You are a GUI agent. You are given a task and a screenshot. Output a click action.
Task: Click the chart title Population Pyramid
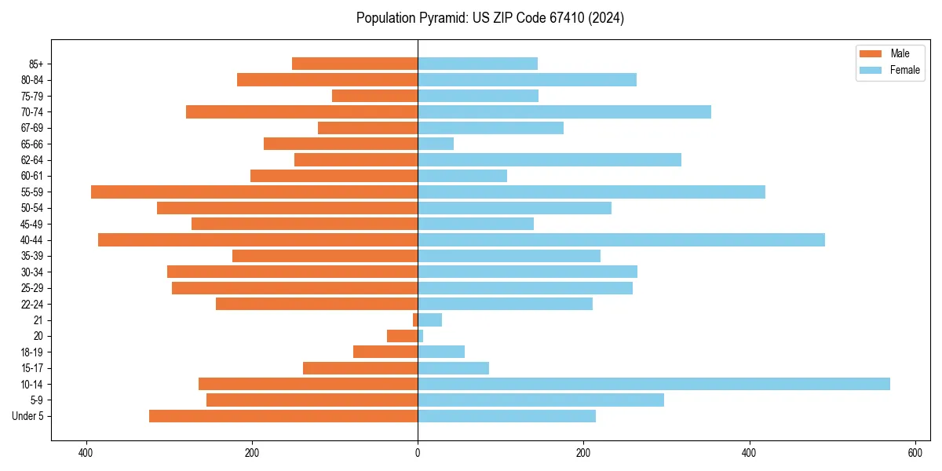point(490,18)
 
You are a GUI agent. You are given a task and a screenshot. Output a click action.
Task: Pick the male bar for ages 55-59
point(254,192)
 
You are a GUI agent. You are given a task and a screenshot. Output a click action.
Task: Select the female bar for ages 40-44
point(621,239)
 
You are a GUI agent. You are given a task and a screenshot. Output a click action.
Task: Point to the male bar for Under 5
point(283,416)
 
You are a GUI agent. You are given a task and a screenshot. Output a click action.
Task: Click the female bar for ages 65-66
point(436,144)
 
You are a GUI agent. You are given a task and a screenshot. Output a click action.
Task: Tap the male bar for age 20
point(403,336)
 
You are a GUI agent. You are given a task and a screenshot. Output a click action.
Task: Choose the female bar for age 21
point(429,319)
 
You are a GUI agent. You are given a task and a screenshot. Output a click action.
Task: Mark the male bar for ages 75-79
point(375,96)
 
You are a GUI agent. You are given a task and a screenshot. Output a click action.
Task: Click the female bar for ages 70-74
point(564,111)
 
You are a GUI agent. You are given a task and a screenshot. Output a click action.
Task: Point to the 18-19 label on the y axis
point(31,352)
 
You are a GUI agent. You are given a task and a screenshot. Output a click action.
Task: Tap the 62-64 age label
point(31,159)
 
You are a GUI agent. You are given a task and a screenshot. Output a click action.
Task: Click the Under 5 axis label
point(27,416)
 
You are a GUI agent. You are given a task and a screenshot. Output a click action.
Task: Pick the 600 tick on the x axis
point(915,453)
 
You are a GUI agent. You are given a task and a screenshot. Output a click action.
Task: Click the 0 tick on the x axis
point(418,453)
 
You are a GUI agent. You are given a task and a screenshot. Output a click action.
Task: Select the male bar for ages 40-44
point(258,239)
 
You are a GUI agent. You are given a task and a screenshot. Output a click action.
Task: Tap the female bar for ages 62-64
point(549,159)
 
